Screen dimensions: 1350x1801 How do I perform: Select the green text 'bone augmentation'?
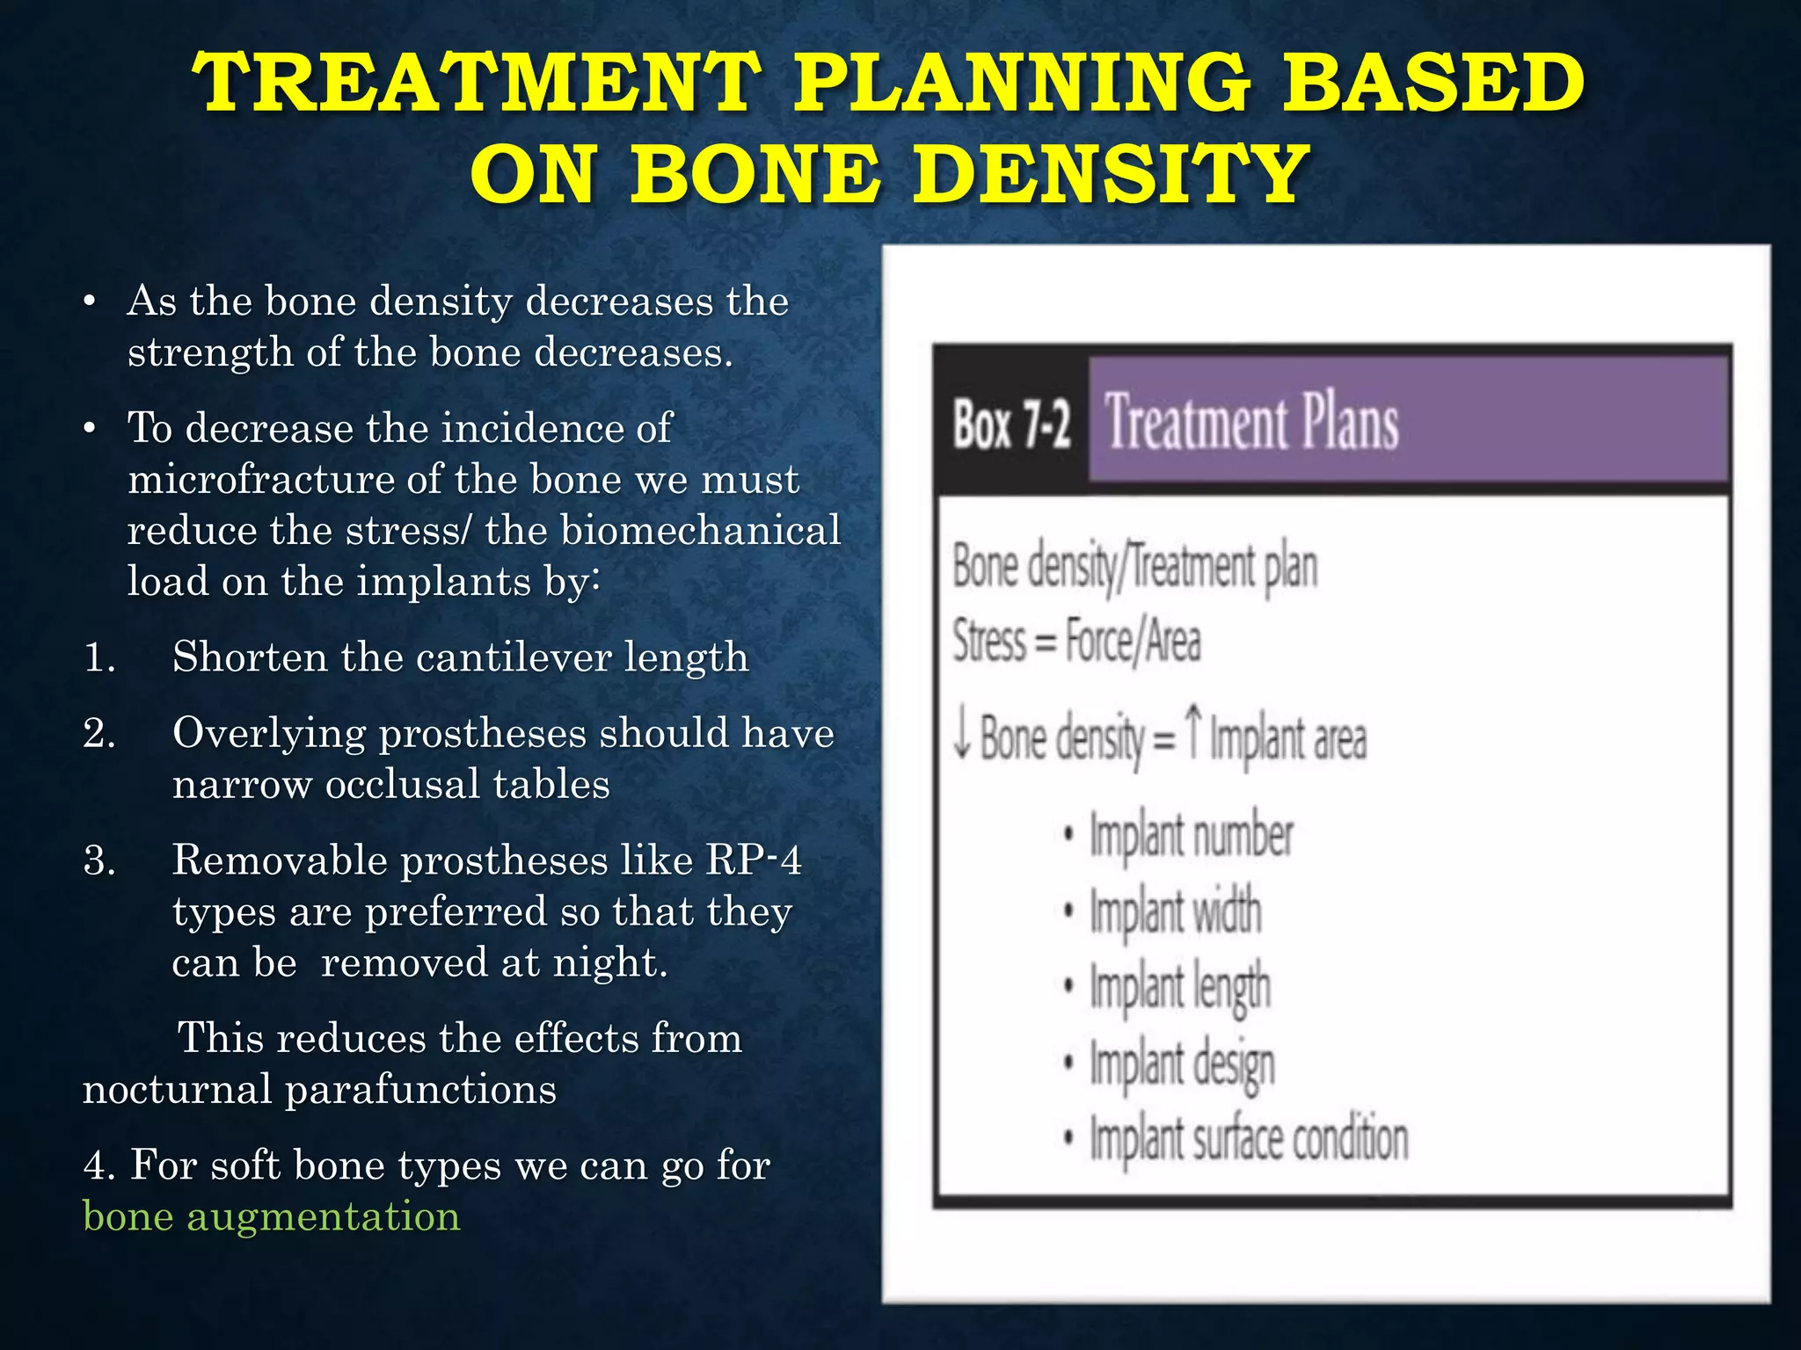271,1217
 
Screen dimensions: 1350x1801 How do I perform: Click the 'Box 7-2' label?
1011,425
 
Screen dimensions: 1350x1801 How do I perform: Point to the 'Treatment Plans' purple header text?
1251,423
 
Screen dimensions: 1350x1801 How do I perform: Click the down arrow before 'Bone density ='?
962,736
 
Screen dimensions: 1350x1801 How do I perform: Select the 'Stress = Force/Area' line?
1076,641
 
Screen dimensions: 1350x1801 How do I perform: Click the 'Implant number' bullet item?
1191,836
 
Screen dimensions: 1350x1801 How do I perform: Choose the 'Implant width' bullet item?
1175,911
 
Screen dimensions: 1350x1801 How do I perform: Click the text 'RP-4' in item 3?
754,860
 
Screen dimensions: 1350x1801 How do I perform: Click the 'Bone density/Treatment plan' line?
1134,567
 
